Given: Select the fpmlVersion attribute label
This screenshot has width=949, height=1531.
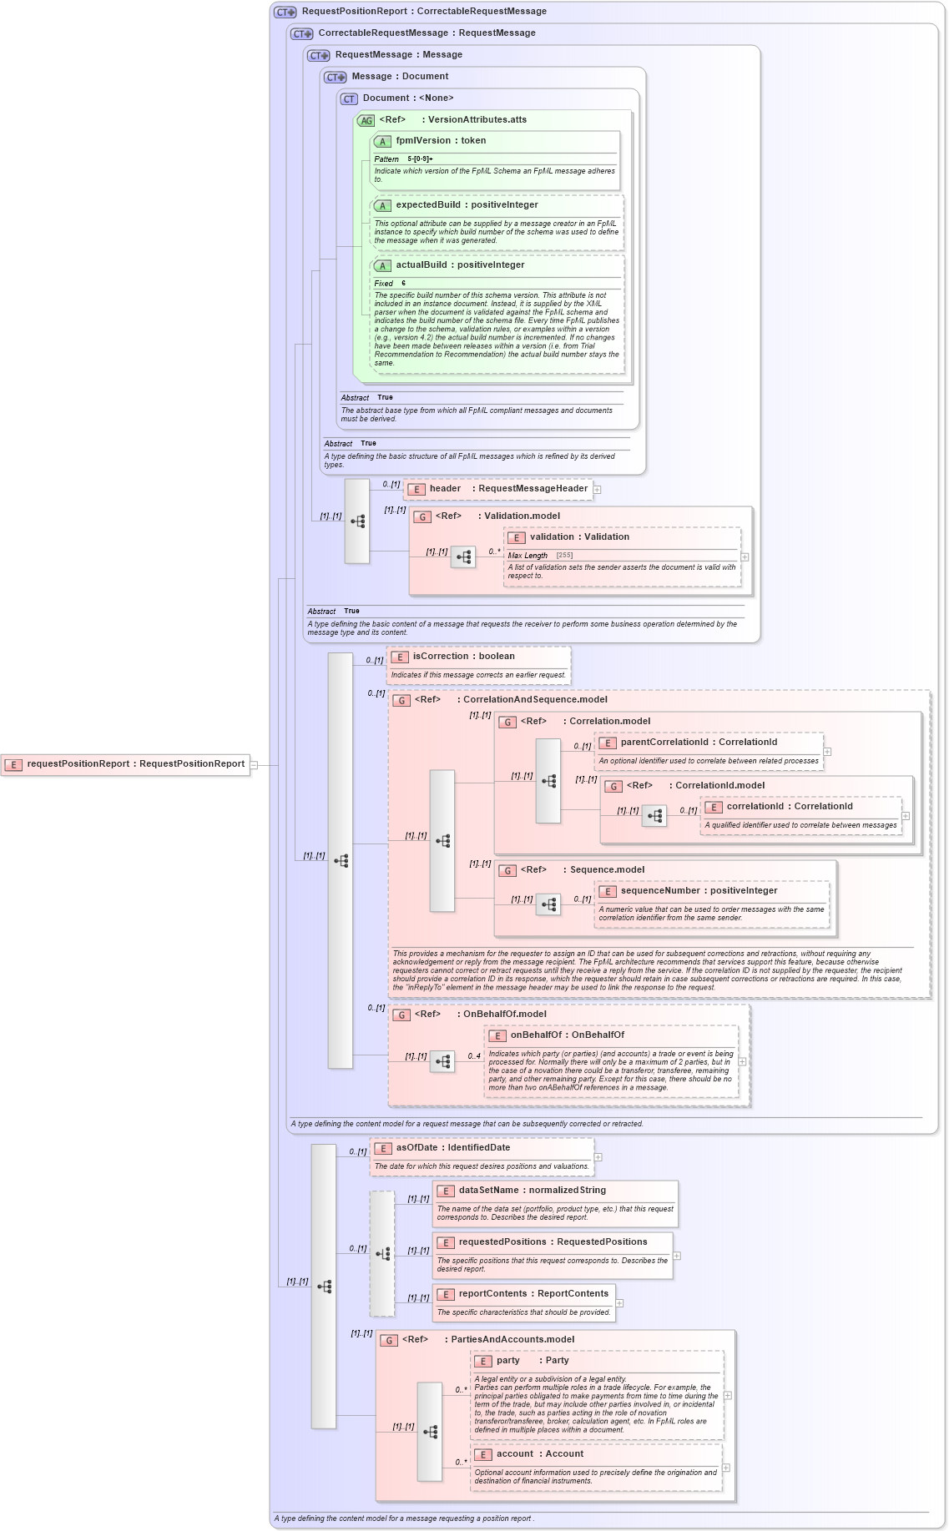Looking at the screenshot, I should pyautogui.click(x=440, y=141).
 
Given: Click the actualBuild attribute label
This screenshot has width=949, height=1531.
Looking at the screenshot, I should pyautogui.click(x=459, y=265).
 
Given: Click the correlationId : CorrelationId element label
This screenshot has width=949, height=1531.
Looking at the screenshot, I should pyautogui.click(x=789, y=807).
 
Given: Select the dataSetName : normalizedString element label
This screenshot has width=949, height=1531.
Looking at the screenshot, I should pyautogui.click(x=532, y=1191).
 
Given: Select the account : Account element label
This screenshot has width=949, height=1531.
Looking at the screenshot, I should pyautogui.click(x=539, y=1454).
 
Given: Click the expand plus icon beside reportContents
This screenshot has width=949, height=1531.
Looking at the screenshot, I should pyautogui.click(x=619, y=1303).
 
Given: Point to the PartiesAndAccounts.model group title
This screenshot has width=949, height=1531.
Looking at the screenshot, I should pyautogui.click(x=512, y=1340).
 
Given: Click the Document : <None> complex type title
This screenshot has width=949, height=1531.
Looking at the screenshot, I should pyautogui.click(x=407, y=98).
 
